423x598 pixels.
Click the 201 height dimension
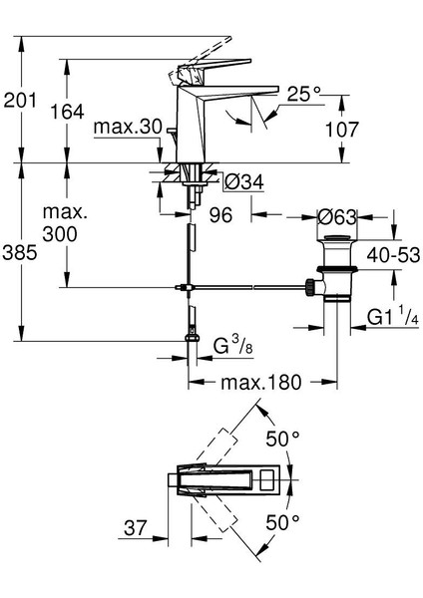click(20, 101)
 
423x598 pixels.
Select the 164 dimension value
click(67, 112)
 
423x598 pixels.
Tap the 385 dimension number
click(20, 252)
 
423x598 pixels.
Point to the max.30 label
click(128, 127)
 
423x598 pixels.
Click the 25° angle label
click(304, 94)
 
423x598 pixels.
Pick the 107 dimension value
click(341, 130)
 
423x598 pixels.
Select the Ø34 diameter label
click(244, 182)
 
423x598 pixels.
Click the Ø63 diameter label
click(337, 217)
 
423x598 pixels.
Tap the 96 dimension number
click(221, 215)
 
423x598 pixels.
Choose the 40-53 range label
click(393, 255)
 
